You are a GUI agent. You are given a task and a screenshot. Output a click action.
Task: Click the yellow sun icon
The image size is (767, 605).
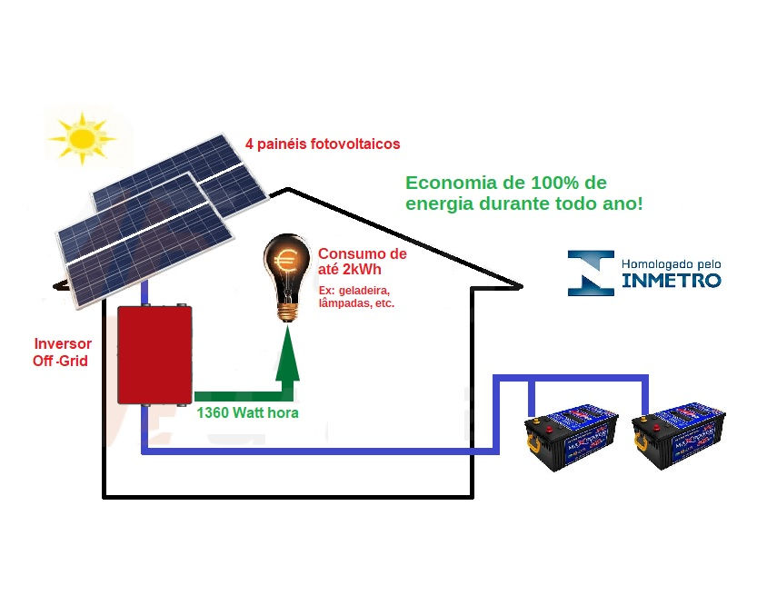click(83, 138)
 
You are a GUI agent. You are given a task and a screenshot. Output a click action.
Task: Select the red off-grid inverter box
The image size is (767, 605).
click(154, 353)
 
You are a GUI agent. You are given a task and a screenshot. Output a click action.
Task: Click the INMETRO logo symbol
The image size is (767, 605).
click(591, 273)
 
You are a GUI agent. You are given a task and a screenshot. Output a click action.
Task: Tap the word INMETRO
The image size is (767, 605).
click(672, 280)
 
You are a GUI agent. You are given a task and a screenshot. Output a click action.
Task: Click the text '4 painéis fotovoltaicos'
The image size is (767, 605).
click(323, 144)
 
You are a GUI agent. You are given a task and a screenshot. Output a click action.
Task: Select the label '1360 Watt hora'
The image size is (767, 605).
click(248, 412)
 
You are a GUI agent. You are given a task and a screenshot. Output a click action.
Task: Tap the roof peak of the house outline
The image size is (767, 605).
click(288, 190)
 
